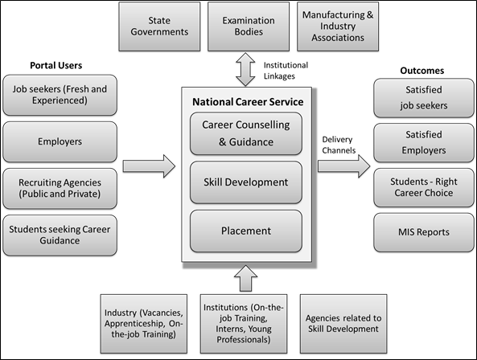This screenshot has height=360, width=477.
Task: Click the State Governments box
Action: [159, 27]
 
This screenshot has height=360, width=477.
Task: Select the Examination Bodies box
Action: [249, 27]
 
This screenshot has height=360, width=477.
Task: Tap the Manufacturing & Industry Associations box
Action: [338, 27]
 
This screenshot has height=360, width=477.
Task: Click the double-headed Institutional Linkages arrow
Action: [245, 70]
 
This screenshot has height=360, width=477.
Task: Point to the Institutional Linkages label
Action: [286, 71]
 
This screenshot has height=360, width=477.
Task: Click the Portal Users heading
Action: [56, 65]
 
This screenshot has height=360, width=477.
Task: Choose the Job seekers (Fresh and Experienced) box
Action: [60, 95]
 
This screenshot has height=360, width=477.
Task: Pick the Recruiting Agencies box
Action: [60, 188]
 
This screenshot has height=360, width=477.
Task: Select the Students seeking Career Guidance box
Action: [60, 235]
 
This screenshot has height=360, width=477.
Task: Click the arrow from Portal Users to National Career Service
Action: [149, 166]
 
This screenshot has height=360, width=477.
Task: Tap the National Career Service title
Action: [248, 102]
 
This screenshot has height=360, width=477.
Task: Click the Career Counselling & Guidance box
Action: [246, 133]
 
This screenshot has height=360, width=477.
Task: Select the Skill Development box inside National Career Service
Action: [246, 182]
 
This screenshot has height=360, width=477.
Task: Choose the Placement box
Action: [246, 231]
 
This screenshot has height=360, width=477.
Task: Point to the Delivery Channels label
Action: [339, 145]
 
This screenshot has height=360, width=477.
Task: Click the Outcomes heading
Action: [422, 71]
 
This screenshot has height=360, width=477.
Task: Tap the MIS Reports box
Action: [424, 232]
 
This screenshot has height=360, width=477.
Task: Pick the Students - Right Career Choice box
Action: [424, 187]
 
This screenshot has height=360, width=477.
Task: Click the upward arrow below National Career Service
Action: [246, 278]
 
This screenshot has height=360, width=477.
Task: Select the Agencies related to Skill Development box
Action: [343, 324]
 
